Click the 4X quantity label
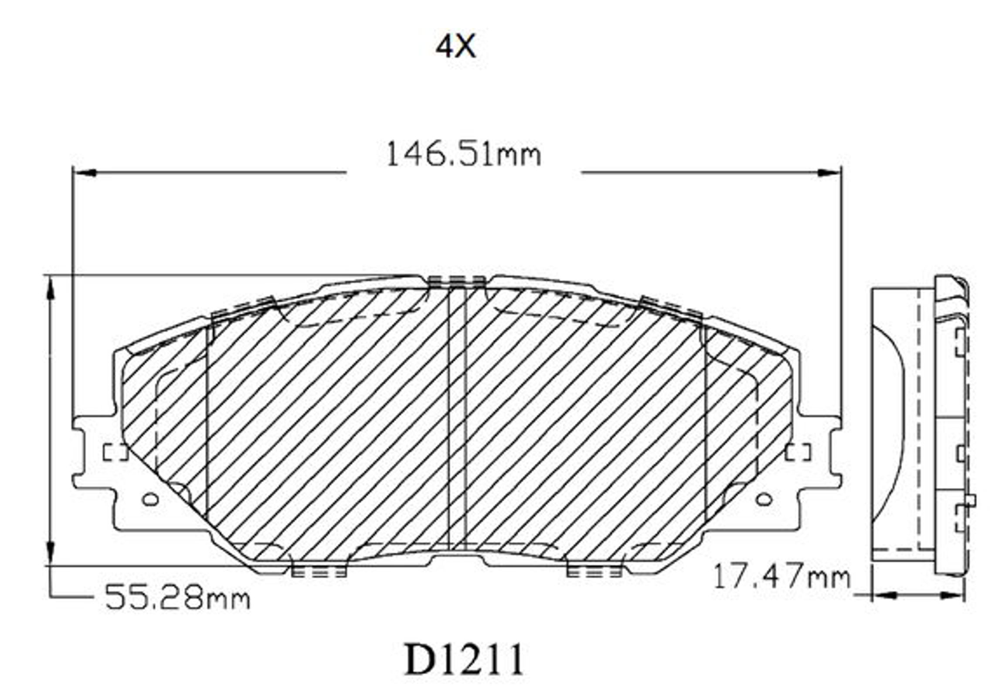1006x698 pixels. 455,47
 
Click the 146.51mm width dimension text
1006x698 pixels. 464,154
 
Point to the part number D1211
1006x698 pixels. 464,659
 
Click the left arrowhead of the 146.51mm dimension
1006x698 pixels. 85,173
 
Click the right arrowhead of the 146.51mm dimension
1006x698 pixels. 829,173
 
